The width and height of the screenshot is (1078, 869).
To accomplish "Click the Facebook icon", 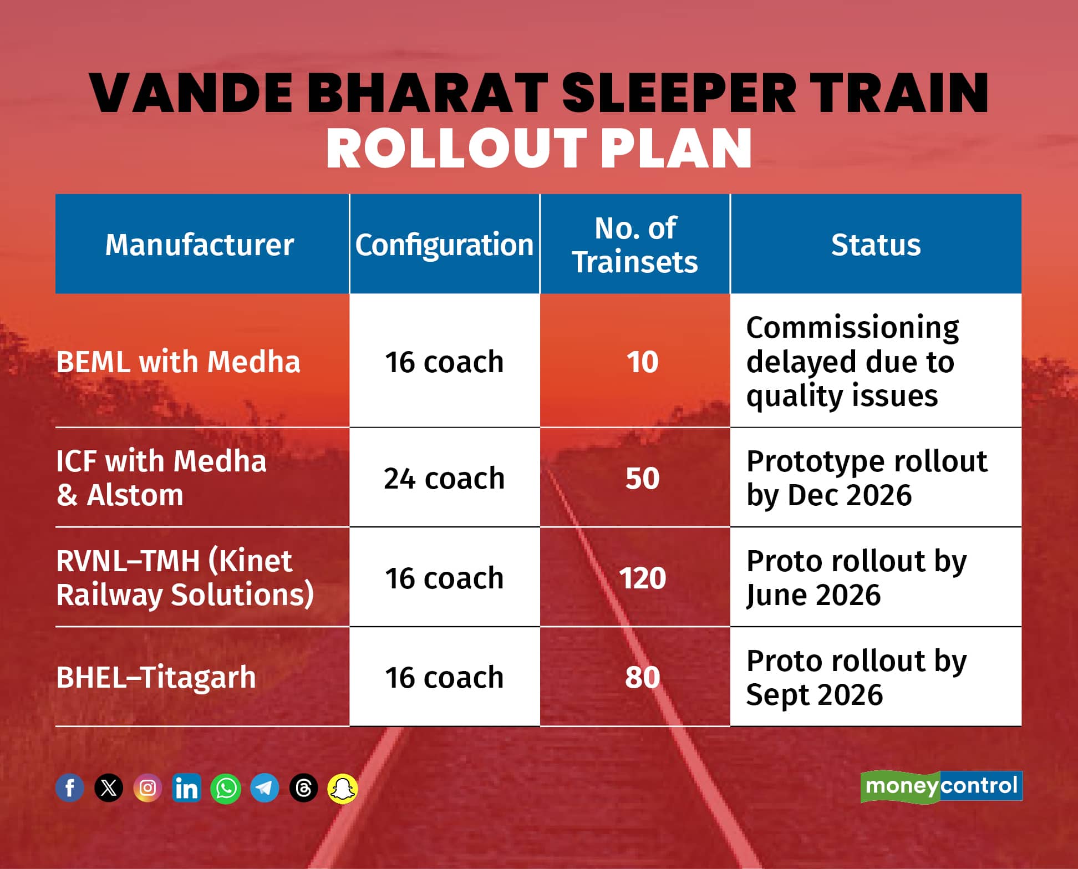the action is click(70, 787).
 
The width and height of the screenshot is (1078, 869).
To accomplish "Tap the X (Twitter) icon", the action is click(109, 787).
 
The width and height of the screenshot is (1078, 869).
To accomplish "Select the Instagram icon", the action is click(148, 787).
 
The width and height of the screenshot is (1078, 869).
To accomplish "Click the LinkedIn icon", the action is click(186, 787).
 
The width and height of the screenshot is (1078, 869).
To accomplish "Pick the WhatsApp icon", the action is click(226, 788).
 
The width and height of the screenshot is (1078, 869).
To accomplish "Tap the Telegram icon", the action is click(265, 787).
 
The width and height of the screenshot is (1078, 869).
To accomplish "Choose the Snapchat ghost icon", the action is click(343, 788).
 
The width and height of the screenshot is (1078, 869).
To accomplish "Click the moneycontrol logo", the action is click(941, 786).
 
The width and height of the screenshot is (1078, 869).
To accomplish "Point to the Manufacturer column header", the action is click(200, 245).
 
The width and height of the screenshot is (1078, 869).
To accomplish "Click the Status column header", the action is click(876, 245).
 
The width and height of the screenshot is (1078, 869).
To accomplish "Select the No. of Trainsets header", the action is click(635, 245).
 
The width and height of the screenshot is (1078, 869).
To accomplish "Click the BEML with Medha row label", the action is click(178, 362).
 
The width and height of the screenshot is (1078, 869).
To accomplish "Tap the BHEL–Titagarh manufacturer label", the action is click(156, 677).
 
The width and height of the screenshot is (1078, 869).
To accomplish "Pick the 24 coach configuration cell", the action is click(444, 478).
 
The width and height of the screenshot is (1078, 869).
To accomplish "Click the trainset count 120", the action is click(642, 578).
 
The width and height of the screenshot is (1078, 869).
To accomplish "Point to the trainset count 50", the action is click(642, 478).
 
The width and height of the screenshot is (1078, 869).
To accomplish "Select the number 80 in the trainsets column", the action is click(642, 677).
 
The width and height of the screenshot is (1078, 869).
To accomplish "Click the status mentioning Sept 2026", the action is click(856, 677).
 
